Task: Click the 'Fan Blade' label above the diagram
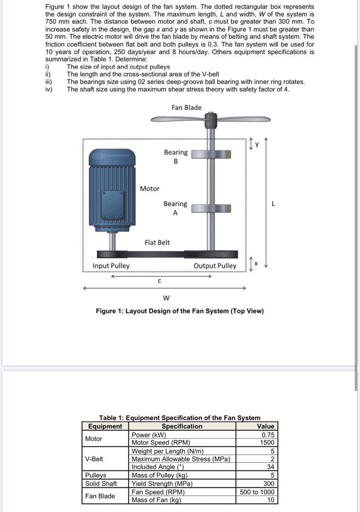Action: coord(186,108)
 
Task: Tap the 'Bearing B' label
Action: coord(175,156)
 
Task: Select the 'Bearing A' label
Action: coord(175,208)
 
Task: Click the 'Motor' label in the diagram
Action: coord(149,189)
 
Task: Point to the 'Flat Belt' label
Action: coord(157,242)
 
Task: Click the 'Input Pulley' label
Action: coord(111,266)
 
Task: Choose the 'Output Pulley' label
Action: coord(215,266)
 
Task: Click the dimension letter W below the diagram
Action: coord(166,298)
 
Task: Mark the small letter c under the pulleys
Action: coord(159,281)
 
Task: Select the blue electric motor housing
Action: coord(112,190)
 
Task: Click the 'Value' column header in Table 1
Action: coord(265,426)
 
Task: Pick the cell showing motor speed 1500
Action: coord(268,442)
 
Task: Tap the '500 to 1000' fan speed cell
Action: coord(257,492)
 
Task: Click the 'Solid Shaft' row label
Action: coord(101,484)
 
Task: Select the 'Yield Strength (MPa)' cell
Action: coord(162,484)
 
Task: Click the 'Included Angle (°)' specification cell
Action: coord(157,467)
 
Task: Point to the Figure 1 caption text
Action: coord(180,311)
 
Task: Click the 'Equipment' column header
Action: coord(105,426)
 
